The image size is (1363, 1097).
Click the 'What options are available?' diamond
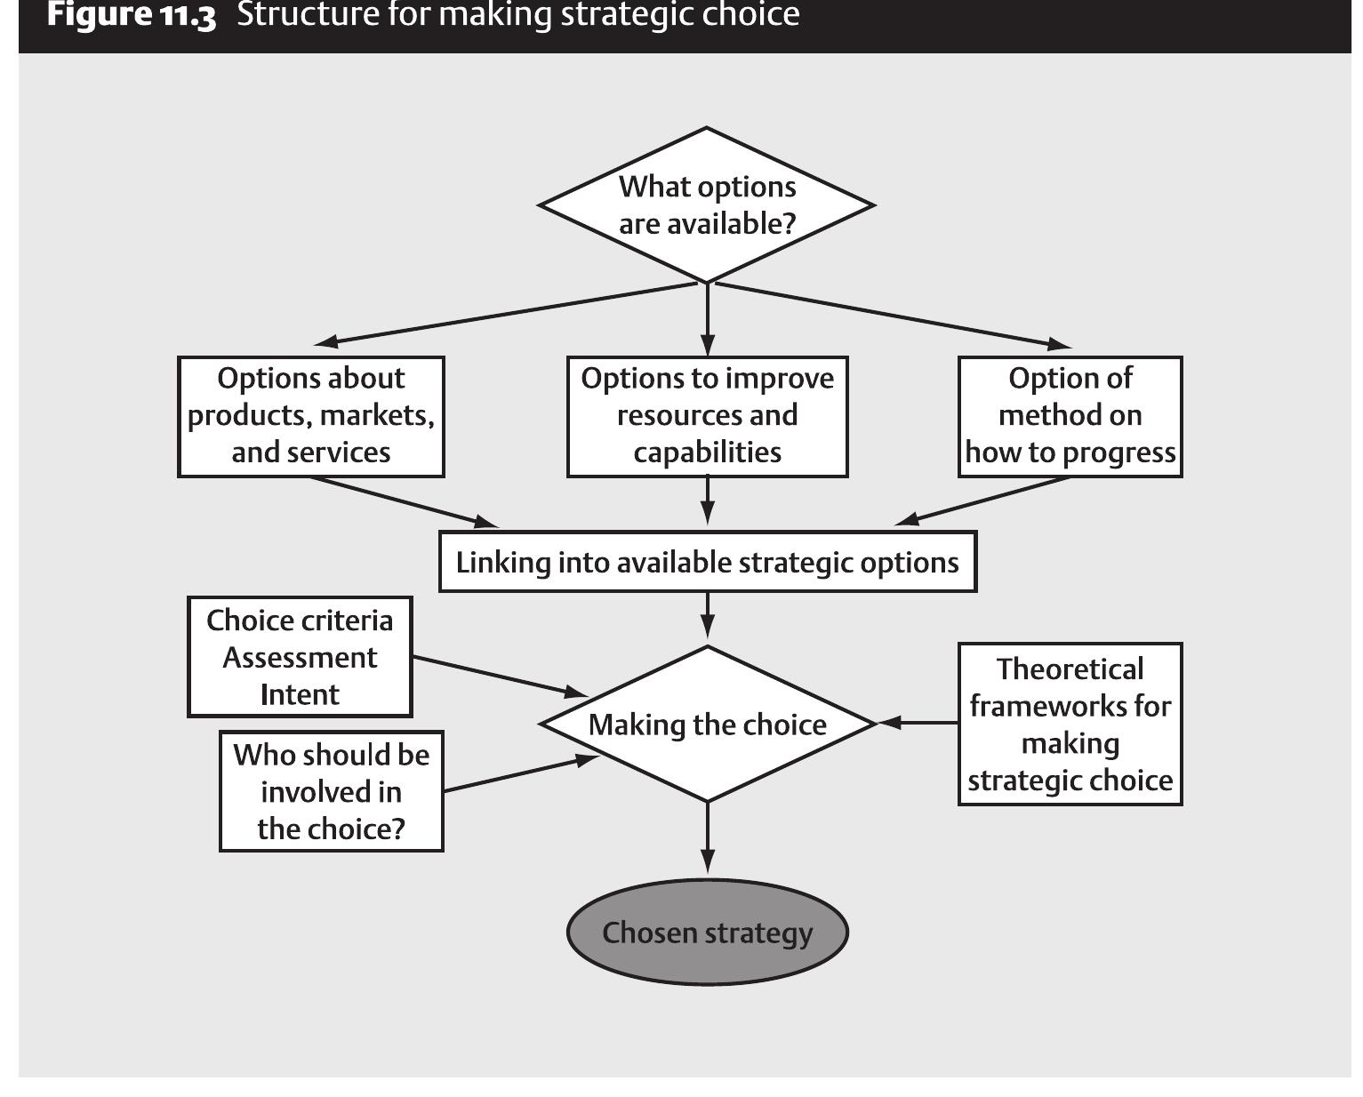pos(707,205)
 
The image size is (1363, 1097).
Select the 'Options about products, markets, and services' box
pos(311,416)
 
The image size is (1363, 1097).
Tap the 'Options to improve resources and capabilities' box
pos(707,416)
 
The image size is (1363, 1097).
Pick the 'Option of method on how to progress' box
pos(1070,416)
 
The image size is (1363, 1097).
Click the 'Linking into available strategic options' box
pos(708,562)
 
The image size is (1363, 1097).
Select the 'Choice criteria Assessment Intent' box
pos(300,657)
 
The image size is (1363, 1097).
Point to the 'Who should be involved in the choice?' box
pos(332,791)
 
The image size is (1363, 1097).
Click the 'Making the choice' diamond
pos(707,724)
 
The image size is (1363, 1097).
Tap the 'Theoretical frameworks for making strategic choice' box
pos(1070,724)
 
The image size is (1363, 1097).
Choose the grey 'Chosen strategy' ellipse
pos(707,932)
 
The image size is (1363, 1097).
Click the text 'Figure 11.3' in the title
pos(132,15)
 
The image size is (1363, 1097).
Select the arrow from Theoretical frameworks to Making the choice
pos(918,723)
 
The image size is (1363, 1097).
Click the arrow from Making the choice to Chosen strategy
pos(708,838)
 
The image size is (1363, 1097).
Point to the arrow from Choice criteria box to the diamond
pos(501,677)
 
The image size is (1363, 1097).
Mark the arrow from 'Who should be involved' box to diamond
pos(521,773)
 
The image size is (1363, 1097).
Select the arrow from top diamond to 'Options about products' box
pos(505,314)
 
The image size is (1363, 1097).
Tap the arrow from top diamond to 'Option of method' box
pos(894,315)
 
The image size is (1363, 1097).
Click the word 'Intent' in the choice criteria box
pos(300,694)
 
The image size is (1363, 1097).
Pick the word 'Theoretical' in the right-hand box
pos(1070,669)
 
